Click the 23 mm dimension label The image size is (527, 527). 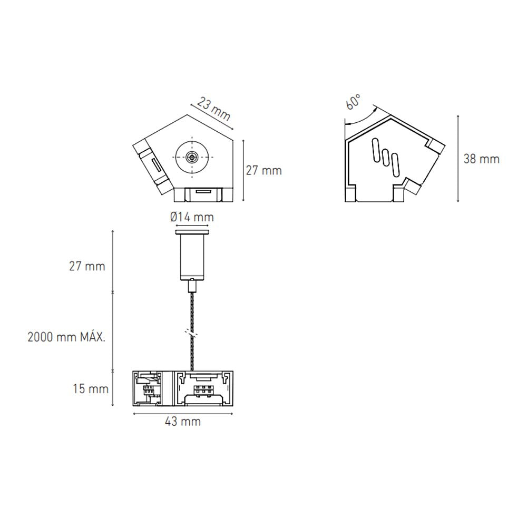[214, 109]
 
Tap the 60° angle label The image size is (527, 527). [353, 101]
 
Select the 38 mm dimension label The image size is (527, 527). [481, 159]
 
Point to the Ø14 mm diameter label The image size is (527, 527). [192, 217]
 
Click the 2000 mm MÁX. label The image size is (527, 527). [66, 337]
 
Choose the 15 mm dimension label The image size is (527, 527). [91, 389]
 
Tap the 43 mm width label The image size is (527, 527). [183, 422]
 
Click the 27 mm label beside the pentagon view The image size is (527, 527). [264, 170]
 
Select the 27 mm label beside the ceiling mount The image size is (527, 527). [87, 266]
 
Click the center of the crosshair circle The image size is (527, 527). [192, 157]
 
